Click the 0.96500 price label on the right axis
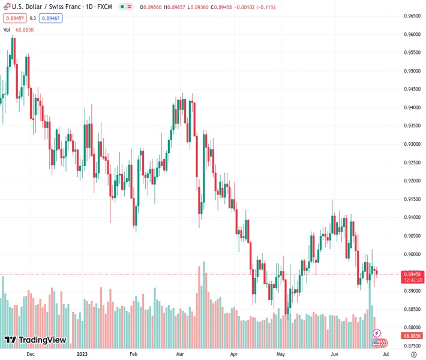click(x=410, y=16)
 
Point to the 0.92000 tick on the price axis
click(x=410, y=181)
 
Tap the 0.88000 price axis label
click(x=410, y=327)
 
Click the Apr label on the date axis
click(x=234, y=354)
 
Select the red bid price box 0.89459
click(x=14, y=18)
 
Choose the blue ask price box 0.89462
click(x=52, y=18)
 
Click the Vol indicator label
click(x=7, y=29)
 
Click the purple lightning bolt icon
click(x=377, y=332)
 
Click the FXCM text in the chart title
click(x=106, y=7)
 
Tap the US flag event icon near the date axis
click(x=378, y=343)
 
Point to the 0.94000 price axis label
click(x=410, y=107)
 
